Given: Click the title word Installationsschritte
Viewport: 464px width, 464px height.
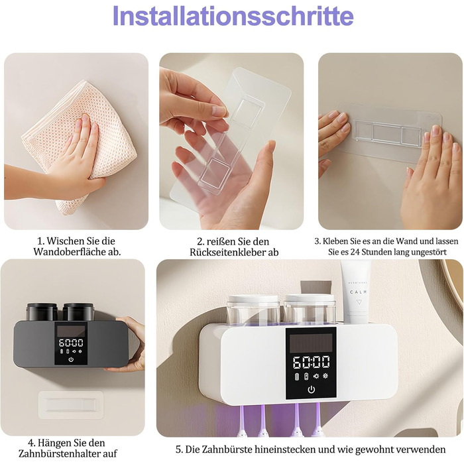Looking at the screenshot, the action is (x=233, y=15).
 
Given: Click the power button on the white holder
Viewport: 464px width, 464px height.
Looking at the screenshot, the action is (x=311, y=390).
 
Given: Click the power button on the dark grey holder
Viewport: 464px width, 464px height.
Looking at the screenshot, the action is (x=71, y=359).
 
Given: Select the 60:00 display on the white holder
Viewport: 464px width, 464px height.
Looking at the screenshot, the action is (x=311, y=362).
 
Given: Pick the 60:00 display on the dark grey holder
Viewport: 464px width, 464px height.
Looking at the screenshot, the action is (x=71, y=343).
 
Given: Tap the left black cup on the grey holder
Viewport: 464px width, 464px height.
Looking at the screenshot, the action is (x=42, y=312).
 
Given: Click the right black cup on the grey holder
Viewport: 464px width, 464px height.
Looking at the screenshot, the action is (x=78, y=312).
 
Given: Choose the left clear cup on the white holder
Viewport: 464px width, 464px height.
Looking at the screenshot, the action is (x=253, y=310).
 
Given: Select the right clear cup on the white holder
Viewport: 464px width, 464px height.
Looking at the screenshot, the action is (x=310, y=310).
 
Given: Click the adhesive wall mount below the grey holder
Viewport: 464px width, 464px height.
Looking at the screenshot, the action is (x=71, y=405).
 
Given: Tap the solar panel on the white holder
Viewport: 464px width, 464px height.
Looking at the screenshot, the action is (x=311, y=343).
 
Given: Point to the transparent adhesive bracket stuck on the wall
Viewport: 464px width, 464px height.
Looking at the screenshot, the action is (x=390, y=133).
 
